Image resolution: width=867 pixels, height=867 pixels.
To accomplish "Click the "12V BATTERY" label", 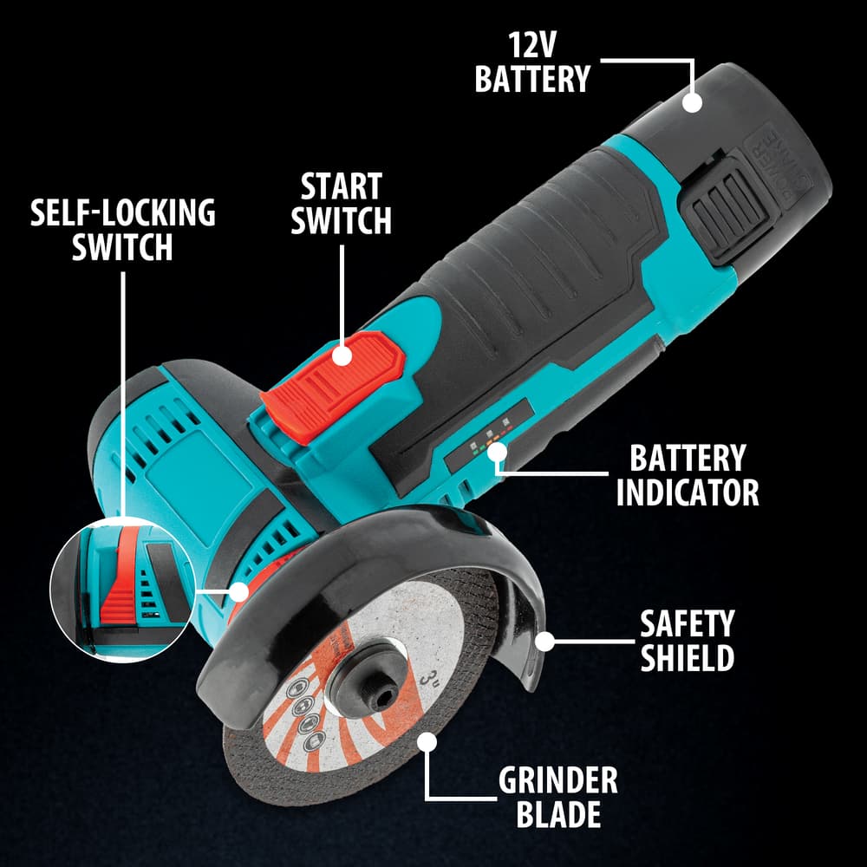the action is pyautogui.click(x=532, y=62).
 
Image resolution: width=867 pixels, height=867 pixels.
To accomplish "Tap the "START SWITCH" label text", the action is pyautogui.click(x=341, y=203).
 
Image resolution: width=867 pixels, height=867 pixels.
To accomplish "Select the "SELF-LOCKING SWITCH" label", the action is pyautogui.click(x=123, y=229).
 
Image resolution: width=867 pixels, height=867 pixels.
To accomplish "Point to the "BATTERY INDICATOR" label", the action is pyautogui.click(x=688, y=475).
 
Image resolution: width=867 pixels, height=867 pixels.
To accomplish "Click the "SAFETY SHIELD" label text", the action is pyautogui.click(x=688, y=641).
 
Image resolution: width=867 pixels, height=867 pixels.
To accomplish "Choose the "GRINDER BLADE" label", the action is pyautogui.click(x=557, y=797).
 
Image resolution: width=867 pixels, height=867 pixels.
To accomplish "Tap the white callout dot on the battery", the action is pyautogui.click(x=692, y=103).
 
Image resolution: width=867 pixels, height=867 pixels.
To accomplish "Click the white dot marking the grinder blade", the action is pyautogui.click(x=427, y=742).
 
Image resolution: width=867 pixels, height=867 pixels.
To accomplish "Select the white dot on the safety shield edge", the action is pyautogui.click(x=545, y=642).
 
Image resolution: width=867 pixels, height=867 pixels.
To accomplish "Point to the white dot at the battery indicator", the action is pyautogui.click(x=497, y=453).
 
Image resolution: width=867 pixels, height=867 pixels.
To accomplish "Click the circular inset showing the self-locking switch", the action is pyautogui.click(x=123, y=590).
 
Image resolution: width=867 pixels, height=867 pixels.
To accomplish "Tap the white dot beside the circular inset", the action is pyautogui.click(x=239, y=591).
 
